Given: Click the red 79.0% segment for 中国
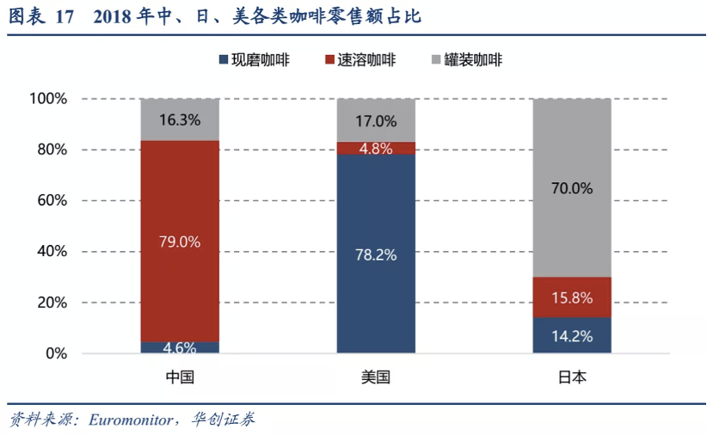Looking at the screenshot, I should tap(180, 241).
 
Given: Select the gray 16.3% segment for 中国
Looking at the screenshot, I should tap(180, 119).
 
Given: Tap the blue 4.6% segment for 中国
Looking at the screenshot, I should tap(180, 347).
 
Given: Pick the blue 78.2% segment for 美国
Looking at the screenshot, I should tap(376, 254).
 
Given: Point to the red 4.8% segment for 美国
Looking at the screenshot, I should tap(376, 148).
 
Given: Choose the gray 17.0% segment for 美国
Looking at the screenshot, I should tap(376, 120).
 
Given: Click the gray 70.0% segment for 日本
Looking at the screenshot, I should tap(572, 187).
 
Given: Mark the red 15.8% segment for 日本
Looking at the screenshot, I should tap(572, 297).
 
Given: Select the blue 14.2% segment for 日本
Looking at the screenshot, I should tap(572, 335).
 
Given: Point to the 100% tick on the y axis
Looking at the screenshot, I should tap(48, 99).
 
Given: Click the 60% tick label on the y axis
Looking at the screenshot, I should tap(52, 200).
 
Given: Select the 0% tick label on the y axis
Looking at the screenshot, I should tap(55, 353).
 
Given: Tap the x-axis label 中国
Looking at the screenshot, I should tap(180, 377).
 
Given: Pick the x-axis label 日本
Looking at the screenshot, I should tap(572, 377).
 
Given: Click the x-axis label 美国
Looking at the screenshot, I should tap(376, 377).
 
